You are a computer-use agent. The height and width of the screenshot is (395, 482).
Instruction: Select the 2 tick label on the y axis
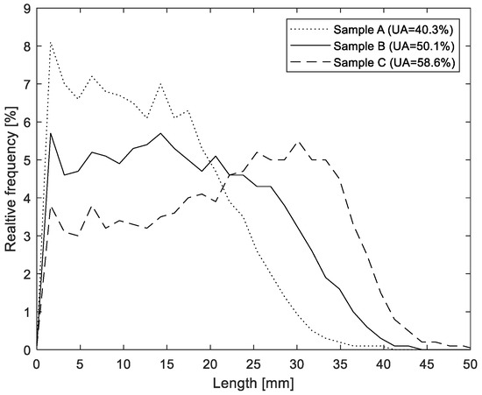27,274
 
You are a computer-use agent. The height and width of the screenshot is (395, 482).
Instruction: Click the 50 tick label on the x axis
470,363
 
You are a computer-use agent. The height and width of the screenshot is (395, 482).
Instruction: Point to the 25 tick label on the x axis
253,363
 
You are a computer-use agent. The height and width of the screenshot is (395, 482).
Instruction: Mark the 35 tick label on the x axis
340,363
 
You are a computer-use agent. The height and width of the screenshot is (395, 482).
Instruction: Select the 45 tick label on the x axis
427,363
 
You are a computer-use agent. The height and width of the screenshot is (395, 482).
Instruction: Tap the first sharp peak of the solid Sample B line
51,133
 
